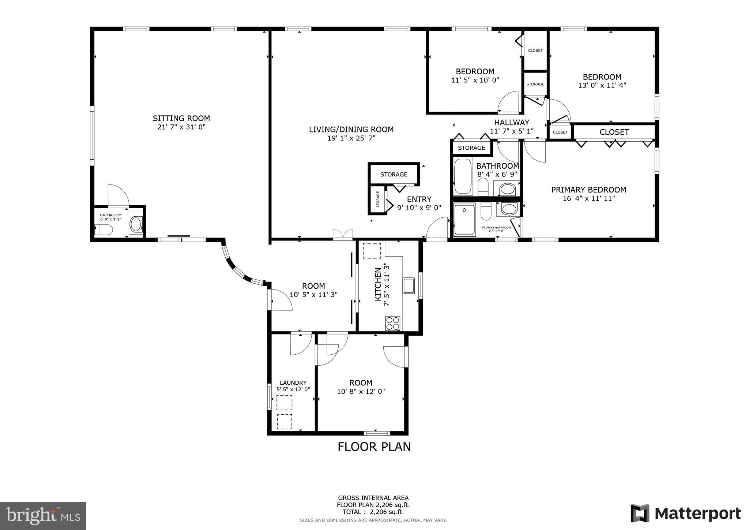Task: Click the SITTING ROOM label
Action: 181,118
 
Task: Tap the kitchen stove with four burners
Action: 393,324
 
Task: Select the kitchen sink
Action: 409,285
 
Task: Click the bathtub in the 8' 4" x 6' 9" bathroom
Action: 463,177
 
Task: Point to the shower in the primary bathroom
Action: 464,220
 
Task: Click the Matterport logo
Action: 685,513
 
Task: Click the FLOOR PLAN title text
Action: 374,447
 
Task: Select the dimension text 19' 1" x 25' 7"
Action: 351,138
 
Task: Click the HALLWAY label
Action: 512,123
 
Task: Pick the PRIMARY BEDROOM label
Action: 588,190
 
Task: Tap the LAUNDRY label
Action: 293,383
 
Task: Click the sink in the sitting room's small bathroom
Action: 136,224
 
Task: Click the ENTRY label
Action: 419,199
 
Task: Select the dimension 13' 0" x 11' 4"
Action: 602,85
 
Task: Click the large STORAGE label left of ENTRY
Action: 394,175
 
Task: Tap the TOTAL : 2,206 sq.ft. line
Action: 373,512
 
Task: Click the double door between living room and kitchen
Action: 343,234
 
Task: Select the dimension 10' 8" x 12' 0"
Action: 361,392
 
